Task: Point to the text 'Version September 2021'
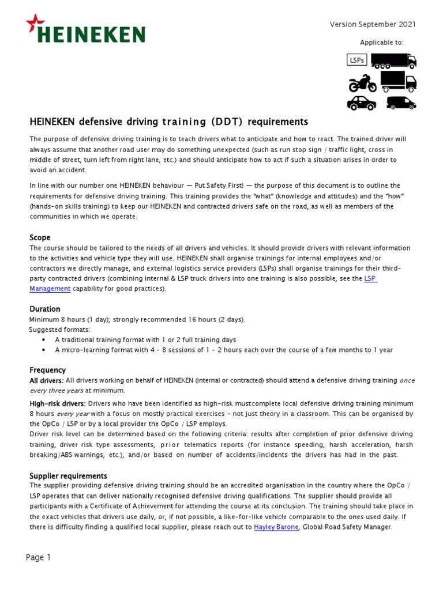click(x=372, y=24)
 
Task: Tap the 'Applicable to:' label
click(x=382, y=43)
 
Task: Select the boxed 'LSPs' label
click(x=357, y=60)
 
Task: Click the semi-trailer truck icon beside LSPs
click(x=393, y=60)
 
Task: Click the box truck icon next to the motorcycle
click(x=398, y=81)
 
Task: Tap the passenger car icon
click(x=362, y=103)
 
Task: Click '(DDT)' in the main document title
click(x=230, y=122)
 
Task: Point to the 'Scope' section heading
click(x=40, y=237)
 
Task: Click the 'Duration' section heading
click(x=45, y=309)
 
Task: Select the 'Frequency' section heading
click(x=47, y=370)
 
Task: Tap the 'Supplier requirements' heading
click(x=68, y=476)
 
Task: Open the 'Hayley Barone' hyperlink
click(x=276, y=527)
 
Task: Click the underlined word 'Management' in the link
click(x=50, y=289)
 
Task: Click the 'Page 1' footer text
click(x=39, y=557)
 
